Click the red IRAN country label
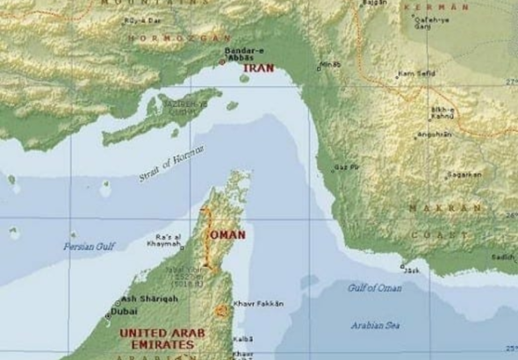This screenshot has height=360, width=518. pyautogui.click(x=259, y=67)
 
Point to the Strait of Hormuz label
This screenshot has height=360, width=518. pyautogui.click(x=176, y=164)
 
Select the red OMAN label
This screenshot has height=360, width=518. pyautogui.click(x=226, y=235)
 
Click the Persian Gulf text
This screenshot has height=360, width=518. pyautogui.click(x=90, y=247)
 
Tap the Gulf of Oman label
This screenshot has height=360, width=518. pyautogui.click(x=373, y=287)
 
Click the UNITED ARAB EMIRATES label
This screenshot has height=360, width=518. pyautogui.click(x=155, y=339)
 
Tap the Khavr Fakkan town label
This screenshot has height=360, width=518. pyautogui.click(x=258, y=304)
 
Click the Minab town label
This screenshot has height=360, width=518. pyautogui.click(x=330, y=64)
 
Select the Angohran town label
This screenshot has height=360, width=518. pyautogui.click(x=435, y=134)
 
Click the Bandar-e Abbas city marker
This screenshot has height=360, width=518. pyautogui.click(x=244, y=77)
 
